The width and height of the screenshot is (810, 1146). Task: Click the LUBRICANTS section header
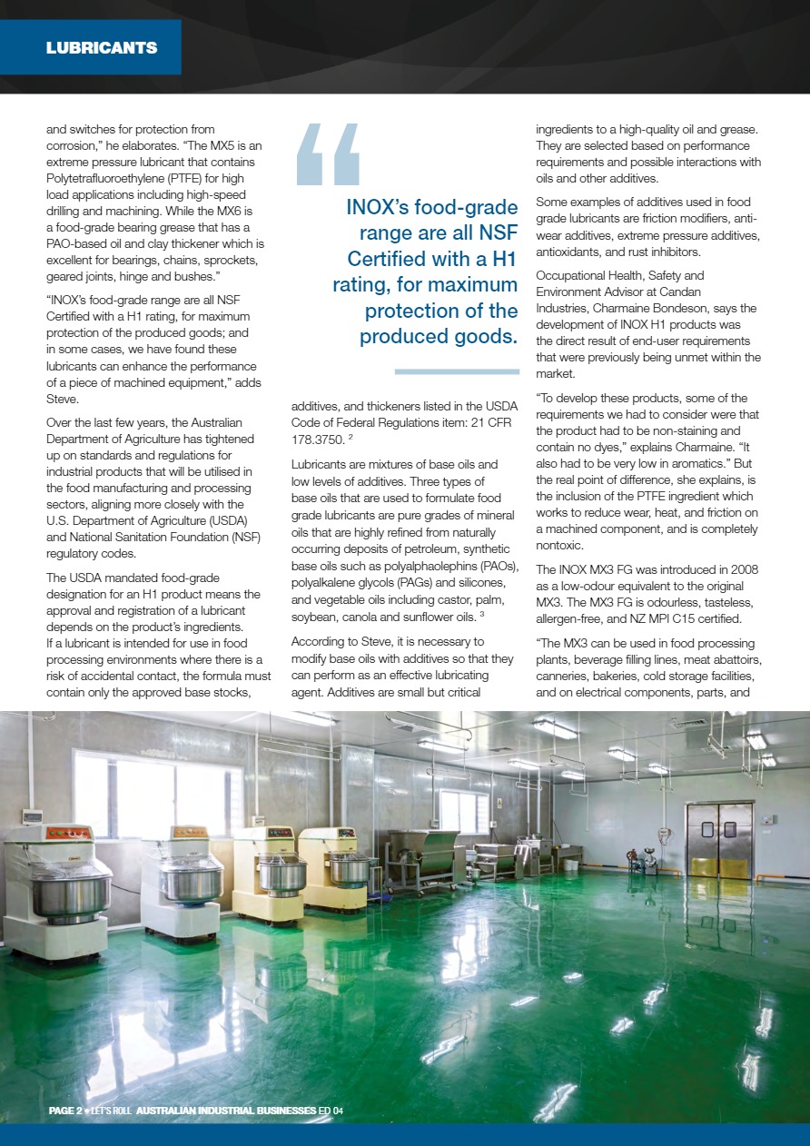102,47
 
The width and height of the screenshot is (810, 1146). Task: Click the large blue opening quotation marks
329,154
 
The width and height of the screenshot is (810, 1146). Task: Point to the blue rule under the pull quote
457,370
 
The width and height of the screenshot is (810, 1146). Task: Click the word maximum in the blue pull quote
466,285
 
